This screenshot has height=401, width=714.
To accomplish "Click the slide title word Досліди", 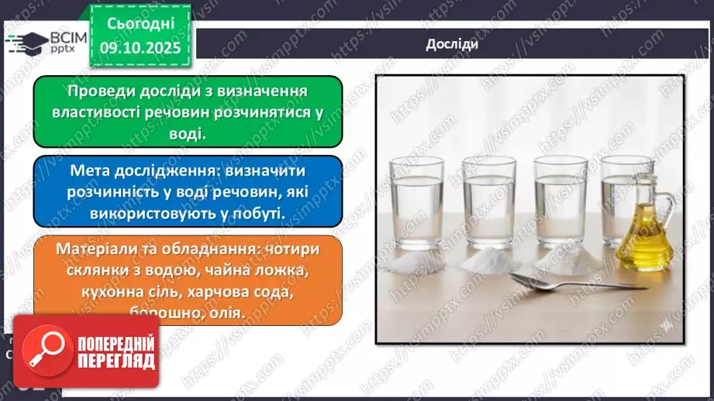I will click(x=451, y=44).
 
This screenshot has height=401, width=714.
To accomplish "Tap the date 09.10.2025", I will click(x=140, y=48).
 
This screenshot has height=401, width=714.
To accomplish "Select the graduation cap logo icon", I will click(x=26, y=43).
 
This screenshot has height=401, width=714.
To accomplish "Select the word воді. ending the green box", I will click(x=187, y=133).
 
